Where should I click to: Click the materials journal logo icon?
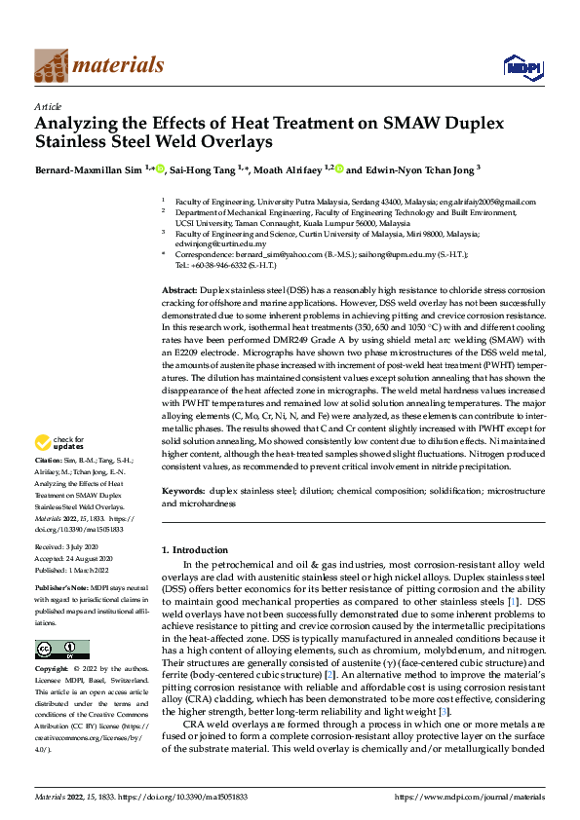coord(52,65)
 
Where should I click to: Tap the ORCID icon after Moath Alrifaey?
coord(339,169)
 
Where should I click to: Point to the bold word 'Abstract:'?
coord(180,291)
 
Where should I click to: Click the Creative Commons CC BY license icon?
coord(62,650)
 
